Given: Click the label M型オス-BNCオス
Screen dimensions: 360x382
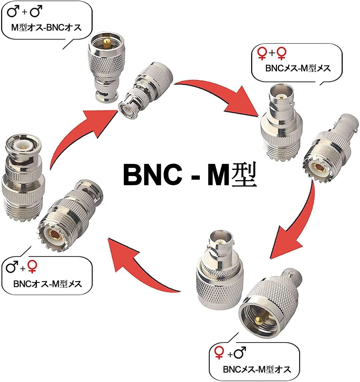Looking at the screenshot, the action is click(46, 28).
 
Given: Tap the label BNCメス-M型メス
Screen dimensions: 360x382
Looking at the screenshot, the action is click(298, 68).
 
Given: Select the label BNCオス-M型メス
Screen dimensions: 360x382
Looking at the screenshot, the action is click(48, 284).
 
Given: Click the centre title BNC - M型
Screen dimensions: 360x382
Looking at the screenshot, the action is click(190, 175).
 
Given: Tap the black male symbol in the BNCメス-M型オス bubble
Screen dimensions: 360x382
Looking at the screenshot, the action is click(240, 352).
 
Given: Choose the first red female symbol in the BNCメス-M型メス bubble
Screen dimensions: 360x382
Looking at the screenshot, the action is click(262, 53).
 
